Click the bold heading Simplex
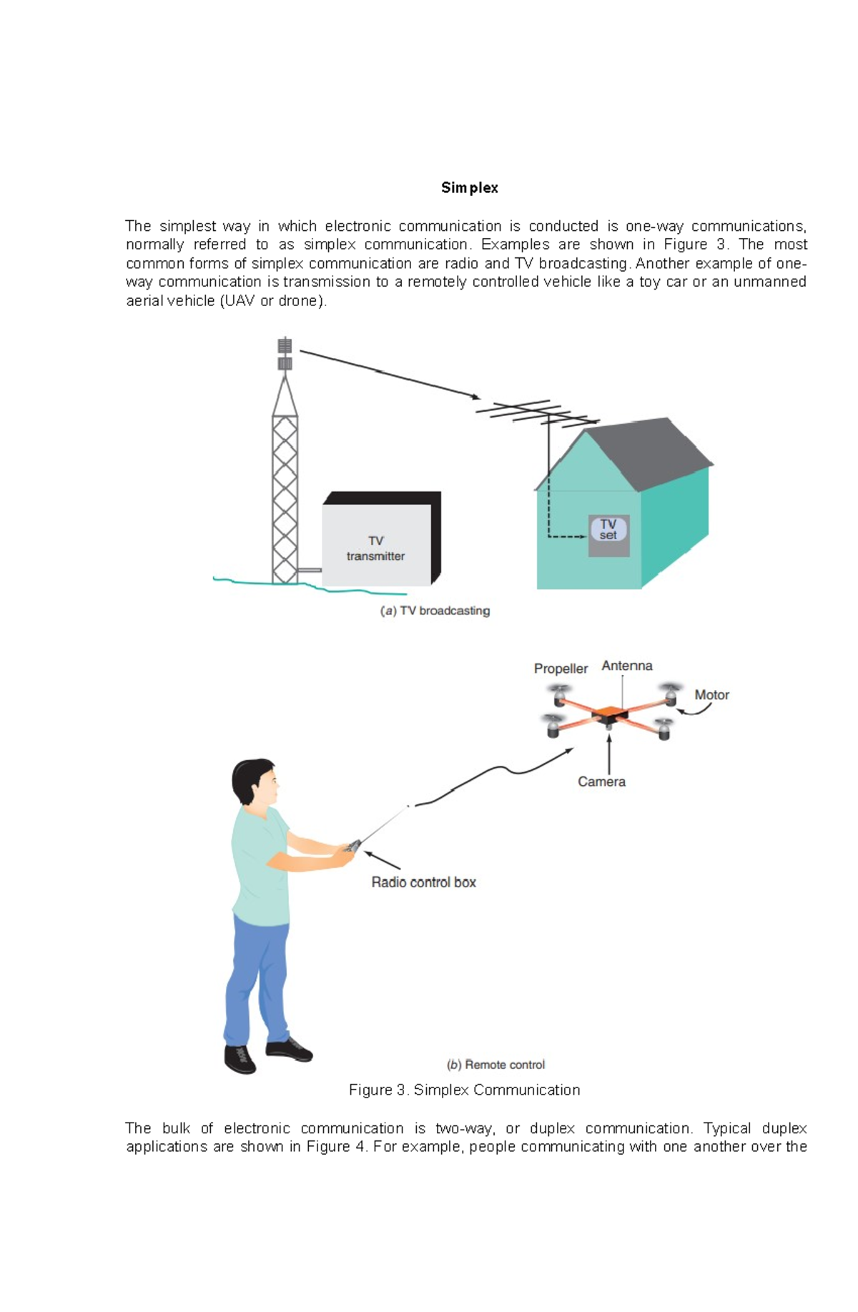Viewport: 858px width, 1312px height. [x=469, y=188]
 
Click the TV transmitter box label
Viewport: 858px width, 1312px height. [x=375, y=548]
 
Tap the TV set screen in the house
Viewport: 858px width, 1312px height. [x=608, y=530]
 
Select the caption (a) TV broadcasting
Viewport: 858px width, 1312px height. [x=435, y=611]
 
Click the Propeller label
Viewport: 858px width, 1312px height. [x=561, y=669]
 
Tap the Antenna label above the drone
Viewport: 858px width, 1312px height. [x=626, y=666]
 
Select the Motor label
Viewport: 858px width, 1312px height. [x=711, y=695]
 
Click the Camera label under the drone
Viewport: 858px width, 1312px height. [x=601, y=781]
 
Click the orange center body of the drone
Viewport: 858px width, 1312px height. [x=608, y=712]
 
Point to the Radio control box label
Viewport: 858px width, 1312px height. [x=423, y=882]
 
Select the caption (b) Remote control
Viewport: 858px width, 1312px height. [x=495, y=1065]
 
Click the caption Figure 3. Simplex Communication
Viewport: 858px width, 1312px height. [x=464, y=1090]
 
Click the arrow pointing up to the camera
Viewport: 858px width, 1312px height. [x=608, y=751]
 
